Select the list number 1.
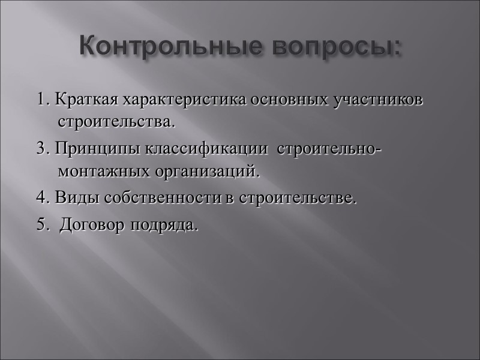coord(41,100)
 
